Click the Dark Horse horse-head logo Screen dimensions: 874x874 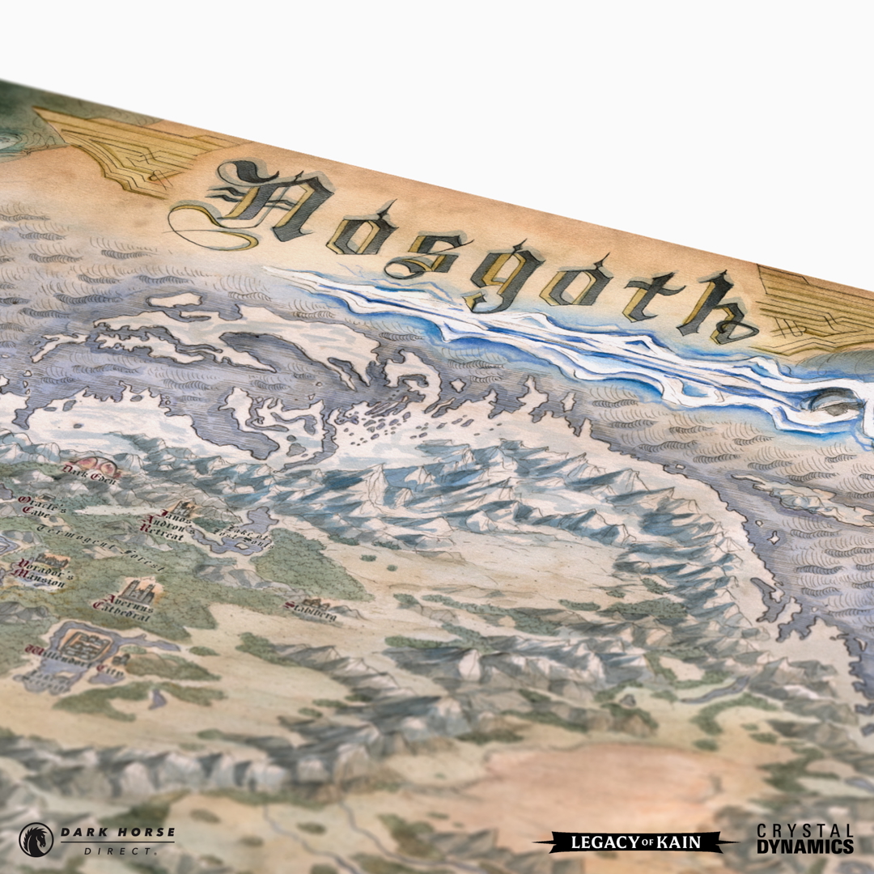click(36, 839)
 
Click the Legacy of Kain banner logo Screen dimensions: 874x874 click(636, 842)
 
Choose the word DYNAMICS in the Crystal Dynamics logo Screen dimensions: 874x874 click(805, 846)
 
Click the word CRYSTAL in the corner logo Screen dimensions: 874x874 click(805, 830)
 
